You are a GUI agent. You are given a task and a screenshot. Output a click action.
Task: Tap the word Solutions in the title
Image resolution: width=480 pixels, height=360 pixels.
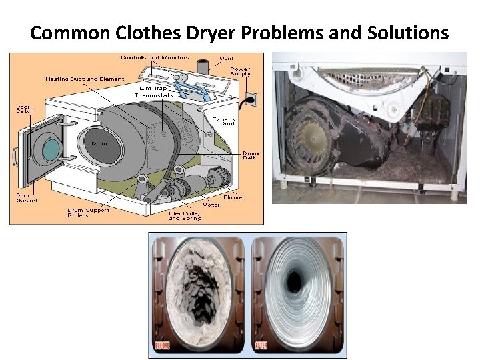[x=408, y=33]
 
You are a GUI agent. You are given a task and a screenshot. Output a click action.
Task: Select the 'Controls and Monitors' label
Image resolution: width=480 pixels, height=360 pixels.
[x=155, y=57]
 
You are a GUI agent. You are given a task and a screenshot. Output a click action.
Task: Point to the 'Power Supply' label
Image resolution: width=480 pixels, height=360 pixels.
[x=241, y=71]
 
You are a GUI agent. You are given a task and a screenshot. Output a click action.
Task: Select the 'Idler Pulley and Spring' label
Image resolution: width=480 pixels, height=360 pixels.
[x=185, y=215]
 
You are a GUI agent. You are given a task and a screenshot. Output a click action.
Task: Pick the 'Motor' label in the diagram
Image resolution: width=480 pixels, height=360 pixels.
[x=211, y=205]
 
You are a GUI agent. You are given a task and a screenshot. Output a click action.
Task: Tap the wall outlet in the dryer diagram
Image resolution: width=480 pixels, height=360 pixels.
[x=252, y=100]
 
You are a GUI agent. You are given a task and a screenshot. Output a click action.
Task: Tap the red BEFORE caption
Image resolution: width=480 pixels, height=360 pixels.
[x=163, y=345]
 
